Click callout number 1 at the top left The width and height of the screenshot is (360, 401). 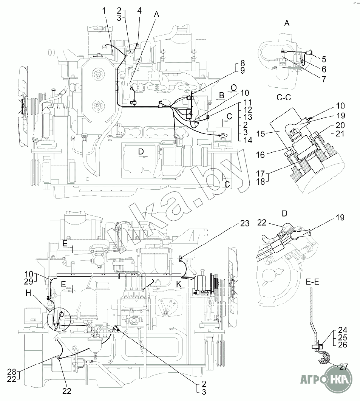(x=104, y=11)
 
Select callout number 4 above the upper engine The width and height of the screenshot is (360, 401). (x=139, y=11)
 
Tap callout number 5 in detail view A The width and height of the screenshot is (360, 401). (x=324, y=59)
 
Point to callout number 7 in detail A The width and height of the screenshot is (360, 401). (x=324, y=79)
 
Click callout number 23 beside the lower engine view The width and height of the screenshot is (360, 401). (x=245, y=223)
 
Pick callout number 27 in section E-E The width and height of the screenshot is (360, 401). (x=343, y=367)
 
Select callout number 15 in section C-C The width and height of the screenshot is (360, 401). (x=261, y=133)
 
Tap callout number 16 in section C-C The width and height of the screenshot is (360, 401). (x=261, y=155)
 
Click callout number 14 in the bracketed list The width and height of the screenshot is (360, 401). (x=247, y=140)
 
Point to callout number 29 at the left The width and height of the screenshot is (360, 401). (x=29, y=282)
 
